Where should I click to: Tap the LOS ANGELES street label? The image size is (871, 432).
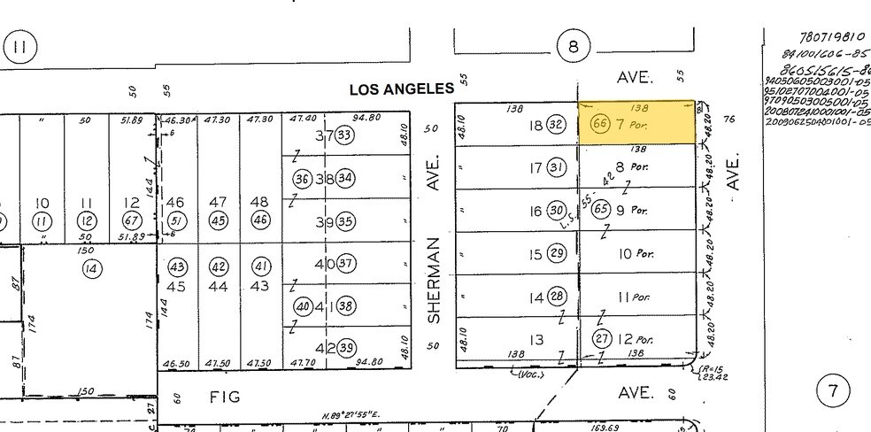(x=402, y=89)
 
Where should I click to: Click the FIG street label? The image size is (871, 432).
(x=226, y=397)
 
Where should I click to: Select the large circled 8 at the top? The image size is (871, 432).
(x=574, y=47)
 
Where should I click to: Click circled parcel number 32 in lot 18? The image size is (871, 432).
(x=556, y=126)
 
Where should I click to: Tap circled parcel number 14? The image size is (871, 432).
(x=89, y=268)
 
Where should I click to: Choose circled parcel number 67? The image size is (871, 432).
(x=130, y=220)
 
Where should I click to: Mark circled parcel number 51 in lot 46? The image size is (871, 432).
(x=176, y=220)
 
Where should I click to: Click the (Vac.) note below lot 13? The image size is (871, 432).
(x=528, y=374)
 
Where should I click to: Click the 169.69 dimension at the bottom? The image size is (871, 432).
(x=605, y=427)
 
